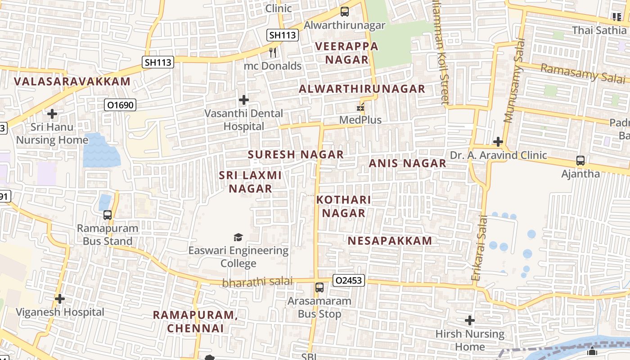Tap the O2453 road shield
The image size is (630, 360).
[349, 280]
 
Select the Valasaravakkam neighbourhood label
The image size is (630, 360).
[72, 81]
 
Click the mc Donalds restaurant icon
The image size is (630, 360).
[272, 53]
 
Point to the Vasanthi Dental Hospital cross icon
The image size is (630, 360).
[244, 99]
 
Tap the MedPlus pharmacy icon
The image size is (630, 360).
[360, 107]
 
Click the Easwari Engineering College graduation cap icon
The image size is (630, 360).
[238, 237]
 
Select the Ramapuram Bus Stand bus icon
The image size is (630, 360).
[107, 215]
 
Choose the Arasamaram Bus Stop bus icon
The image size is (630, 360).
[319, 287]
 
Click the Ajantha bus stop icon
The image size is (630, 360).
[580, 160]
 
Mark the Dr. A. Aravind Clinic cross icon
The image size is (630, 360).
[498, 142]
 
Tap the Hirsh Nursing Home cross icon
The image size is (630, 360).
[470, 320]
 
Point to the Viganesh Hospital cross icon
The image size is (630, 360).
[59, 299]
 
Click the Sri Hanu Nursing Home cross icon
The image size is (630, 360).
[52, 114]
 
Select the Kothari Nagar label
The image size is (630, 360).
[344, 206]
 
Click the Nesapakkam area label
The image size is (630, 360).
[390, 241]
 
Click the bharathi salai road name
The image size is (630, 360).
[257, 282]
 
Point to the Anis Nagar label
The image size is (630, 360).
[407, 163]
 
